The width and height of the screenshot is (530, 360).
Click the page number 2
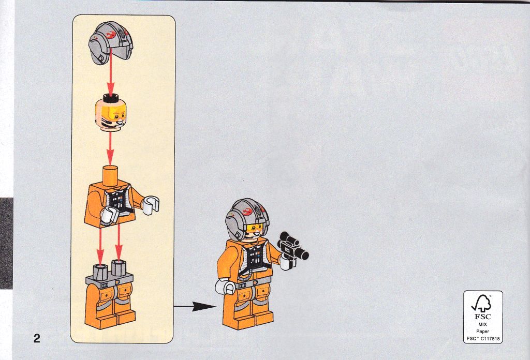37,338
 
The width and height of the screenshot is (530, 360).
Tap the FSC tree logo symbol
482,303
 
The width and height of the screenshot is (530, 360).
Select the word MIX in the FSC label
483,324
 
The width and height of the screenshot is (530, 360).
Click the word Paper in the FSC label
483,332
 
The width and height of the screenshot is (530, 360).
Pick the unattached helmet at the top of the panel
111,42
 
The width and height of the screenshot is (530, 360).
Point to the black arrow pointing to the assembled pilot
195,306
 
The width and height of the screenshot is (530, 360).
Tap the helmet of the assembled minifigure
247,218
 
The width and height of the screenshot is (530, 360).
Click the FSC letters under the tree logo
482,317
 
